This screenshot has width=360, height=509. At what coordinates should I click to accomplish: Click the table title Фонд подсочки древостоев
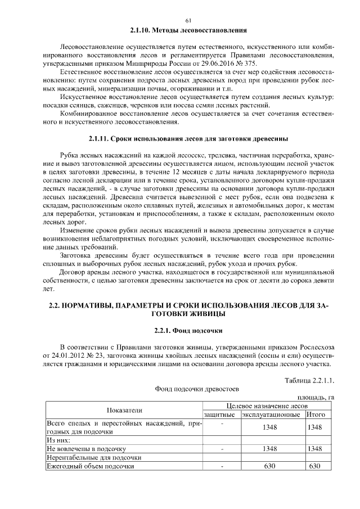[188, 389]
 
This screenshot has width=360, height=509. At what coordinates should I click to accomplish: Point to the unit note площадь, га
[316, 398]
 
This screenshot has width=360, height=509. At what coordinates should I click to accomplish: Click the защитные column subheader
[221, 415]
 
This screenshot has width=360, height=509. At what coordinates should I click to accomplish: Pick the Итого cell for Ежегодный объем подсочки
[314, 466]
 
